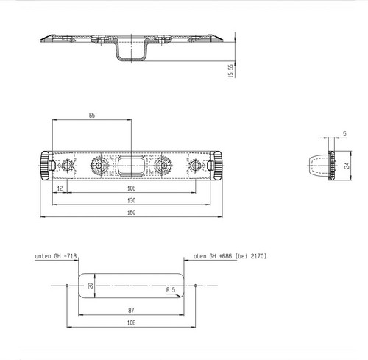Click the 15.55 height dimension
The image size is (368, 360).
point(231,71)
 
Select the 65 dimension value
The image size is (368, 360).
point(92,116)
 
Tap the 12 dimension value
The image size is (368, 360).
point(60,188)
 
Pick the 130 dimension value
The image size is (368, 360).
point(131,200)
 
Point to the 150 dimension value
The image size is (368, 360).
point(131,213)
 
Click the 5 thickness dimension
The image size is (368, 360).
point(344,134)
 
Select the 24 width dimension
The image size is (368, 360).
point(347,166)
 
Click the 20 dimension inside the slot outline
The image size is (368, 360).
point(91,286)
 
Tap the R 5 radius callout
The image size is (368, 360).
point(171,290)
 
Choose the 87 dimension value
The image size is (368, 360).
point(131,311)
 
